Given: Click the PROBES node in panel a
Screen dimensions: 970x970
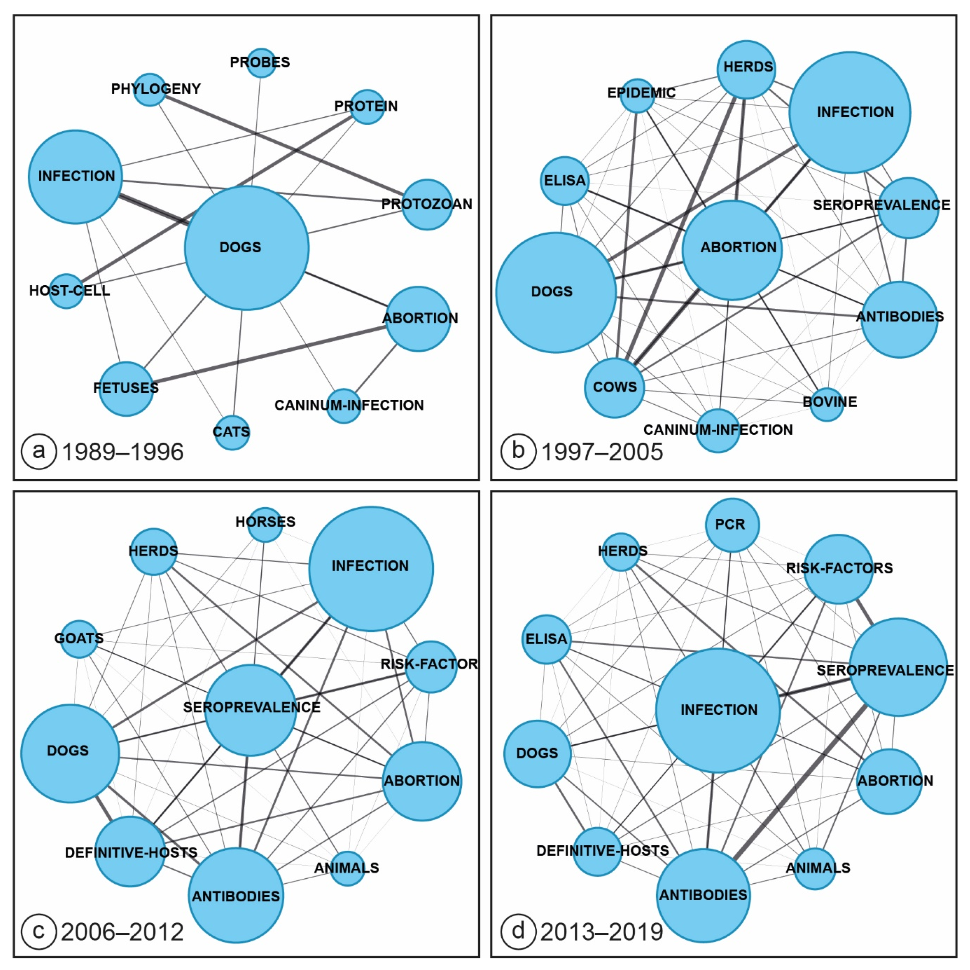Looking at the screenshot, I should point(261,63).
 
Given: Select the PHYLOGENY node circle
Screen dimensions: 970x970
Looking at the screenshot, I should point(150,89).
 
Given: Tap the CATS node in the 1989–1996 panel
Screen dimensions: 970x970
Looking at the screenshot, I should point(231,432).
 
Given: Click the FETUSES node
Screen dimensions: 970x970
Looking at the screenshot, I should point(126,389).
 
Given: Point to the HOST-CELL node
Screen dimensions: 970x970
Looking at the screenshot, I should point(66,291).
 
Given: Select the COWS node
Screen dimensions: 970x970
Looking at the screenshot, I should point(614,388).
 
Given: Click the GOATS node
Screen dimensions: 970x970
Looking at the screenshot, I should point(79,639).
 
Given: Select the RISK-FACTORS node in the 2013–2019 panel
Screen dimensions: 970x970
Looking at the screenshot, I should point(839,569).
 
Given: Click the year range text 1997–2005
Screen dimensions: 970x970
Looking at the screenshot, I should point(602,452).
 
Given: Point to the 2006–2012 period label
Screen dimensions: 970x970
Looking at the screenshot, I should point(122,932).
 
